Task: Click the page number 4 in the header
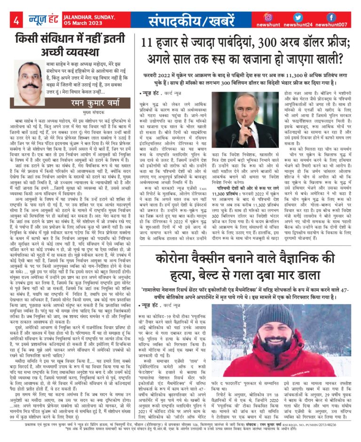point(16,20)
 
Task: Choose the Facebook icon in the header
point(331,16)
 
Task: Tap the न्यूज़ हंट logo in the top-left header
point(44,19)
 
